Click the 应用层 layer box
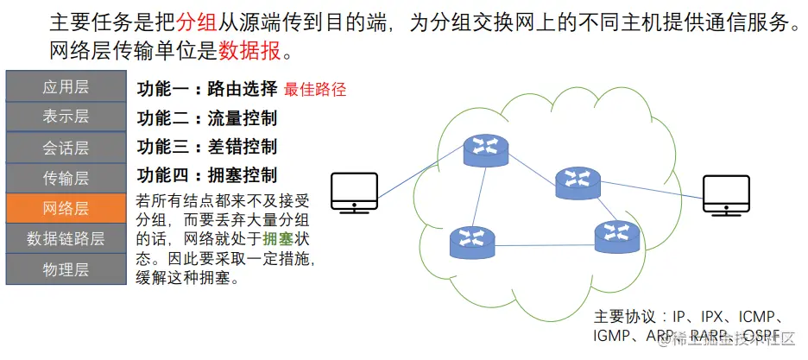(x=66, y=86)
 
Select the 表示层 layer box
(x=66, y=117)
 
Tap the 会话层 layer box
(x=66, y=148)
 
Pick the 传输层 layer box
(x=66, y=178)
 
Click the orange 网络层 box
(x=66, y=208)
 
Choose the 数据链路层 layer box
(x=66, y=238)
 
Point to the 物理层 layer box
(x=66, y=269)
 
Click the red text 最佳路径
(x=314, y=89)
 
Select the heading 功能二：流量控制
(x=207, y=118)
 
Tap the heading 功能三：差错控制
(x=207, y=147)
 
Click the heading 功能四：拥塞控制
(x=207, y=175)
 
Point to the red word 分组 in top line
(x=193, y=22)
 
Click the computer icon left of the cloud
(x=355, y=193)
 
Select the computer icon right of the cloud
(x=726, y=195)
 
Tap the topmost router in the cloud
(x=486, y=150)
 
